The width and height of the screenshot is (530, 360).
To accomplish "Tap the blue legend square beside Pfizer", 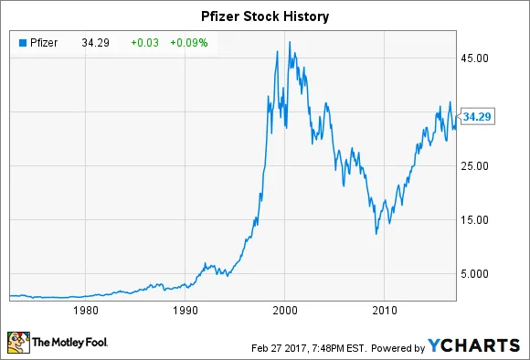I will tap(20, 40).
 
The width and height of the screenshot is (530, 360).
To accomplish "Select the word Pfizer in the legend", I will tap(41, 40).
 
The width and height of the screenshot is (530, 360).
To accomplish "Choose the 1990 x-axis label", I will tap(185, 308).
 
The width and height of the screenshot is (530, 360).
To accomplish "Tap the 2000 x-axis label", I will tap(285, 308).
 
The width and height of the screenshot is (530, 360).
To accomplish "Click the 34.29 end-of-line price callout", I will tap(480, 116).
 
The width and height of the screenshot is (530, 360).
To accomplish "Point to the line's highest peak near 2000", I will tap(290, 42).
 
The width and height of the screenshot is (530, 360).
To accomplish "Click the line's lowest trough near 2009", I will tap(376, 234).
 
